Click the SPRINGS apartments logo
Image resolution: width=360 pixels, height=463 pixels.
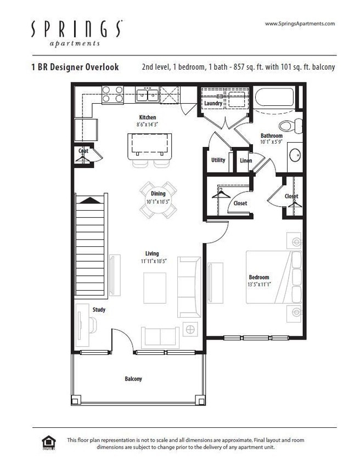click(76, 33)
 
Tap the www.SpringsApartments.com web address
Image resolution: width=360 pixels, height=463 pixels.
click(300, 24)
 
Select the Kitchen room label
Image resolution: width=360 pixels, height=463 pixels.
click(147, 117)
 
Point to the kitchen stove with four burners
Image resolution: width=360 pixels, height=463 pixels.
click(113, 94)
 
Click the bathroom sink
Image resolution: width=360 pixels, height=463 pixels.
click(295, 155)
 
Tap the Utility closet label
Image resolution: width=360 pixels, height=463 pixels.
click(218, 160)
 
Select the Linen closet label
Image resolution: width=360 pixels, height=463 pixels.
click(245, 161)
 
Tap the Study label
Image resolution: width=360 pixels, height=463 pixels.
click(99, 310)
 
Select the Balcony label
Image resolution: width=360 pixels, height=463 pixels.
click(133, 379)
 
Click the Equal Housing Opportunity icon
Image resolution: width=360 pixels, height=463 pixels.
click(48, 442)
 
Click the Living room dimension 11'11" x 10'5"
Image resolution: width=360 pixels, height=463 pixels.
click(151, 261)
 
